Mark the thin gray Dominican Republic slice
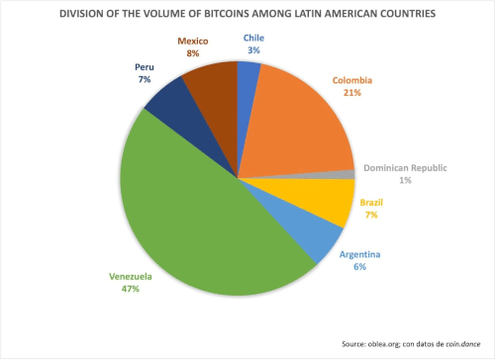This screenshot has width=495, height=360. point(347,174)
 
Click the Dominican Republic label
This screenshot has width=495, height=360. point(406,168)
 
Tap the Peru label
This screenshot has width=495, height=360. point(145,66)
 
